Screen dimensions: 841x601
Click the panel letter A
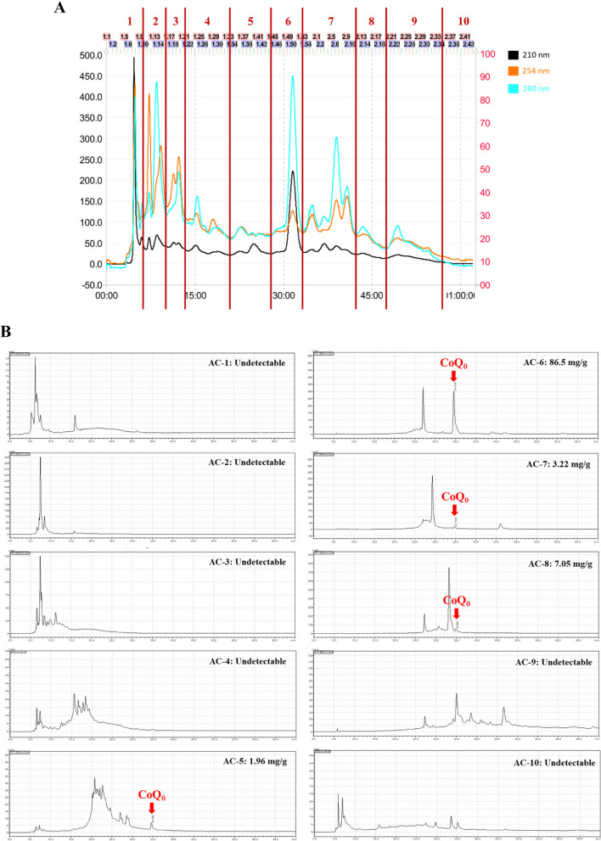[60, 8]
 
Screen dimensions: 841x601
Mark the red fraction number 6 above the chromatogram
[288, 20]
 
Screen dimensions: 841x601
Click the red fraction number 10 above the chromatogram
[463, 20]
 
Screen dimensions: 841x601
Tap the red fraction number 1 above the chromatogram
[129, 20]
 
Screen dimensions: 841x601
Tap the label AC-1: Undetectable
[245, 363]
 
